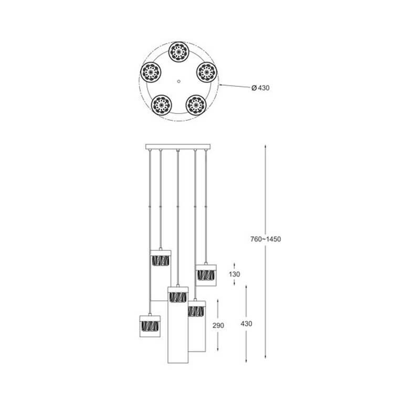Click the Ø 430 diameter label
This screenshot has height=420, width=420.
click(260, 88)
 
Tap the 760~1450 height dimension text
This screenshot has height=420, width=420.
click(266, 239)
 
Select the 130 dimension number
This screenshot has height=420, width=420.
click(234, 274)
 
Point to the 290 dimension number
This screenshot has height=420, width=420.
click(218, 325)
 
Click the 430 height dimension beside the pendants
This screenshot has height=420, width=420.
click(246, 323)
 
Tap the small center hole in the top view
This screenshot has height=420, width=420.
click(178, 81)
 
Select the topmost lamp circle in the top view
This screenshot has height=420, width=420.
click(178, 51)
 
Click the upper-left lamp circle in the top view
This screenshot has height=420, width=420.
click(151, 72)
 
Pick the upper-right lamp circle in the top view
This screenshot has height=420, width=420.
click(207, 72)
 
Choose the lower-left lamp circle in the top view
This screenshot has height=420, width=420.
click(161, 104)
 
